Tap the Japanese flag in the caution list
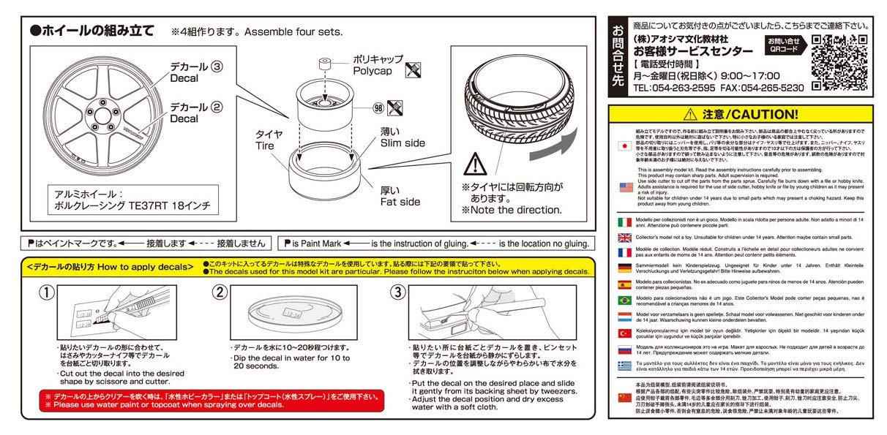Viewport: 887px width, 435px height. [625, 145]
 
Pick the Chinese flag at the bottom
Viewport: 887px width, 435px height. [625, 397]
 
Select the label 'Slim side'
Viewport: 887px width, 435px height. [402, 143]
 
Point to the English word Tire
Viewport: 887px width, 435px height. [265, 146]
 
